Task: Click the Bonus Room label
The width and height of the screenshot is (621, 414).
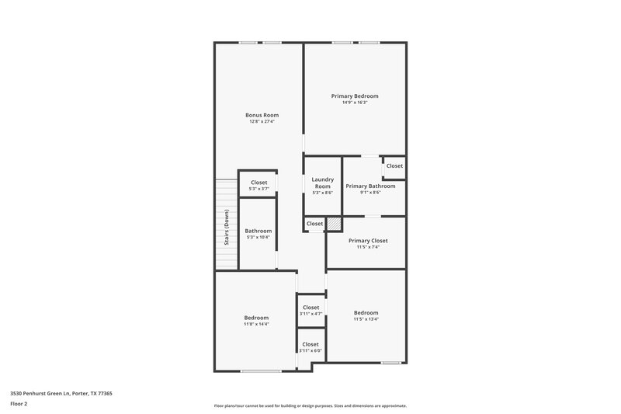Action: point(262,115)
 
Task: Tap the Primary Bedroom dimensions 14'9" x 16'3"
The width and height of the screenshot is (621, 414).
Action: point(355,103)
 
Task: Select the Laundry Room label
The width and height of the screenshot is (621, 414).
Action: point(322,183)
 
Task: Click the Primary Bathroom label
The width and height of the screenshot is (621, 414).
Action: point(370,186)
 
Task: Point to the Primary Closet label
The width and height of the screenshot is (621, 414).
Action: point(367,241)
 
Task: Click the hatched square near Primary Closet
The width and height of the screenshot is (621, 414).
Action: point(333,224)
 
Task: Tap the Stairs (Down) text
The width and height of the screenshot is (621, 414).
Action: point(227,228)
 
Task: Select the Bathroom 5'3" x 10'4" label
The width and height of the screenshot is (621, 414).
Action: point(258,231)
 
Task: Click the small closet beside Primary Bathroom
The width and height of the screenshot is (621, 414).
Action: point(394,165)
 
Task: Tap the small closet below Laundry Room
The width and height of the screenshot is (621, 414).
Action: point(314,224)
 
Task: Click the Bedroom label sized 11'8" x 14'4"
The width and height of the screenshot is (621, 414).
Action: point(256,318)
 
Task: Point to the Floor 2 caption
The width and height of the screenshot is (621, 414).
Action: point(19,404)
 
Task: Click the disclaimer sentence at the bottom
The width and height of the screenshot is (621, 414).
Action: point(310,405)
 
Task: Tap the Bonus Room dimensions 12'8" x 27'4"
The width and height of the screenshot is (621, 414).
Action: point(262,121)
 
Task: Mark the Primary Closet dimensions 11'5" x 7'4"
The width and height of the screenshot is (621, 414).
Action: point(367,247)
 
